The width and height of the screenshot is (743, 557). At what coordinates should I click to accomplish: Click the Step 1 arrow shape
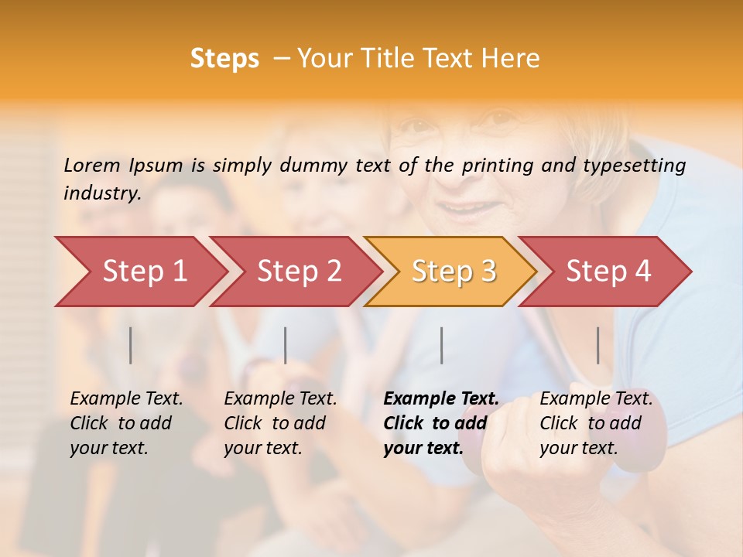pyautogui.click(x=143, y=272)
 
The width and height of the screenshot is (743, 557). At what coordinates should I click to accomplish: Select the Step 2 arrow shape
pyautogui.click(x=299, y=272)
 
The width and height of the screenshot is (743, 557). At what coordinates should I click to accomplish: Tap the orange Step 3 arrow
pyautogui.click(x=454, y=272)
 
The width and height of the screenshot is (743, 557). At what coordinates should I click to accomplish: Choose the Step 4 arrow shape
pyautogui.click(x=608, y=272)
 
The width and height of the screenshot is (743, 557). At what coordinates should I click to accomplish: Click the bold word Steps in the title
pyautogui.click(x=224, y=59)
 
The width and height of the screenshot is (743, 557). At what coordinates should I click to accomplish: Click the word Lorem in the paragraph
pyautogui.click(x=91, y=165)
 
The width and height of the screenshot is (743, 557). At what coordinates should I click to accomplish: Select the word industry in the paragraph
pyautogui.click(x=101, y=193)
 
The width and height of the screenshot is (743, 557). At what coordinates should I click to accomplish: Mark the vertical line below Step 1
pyautogui.click(x=131, y=345)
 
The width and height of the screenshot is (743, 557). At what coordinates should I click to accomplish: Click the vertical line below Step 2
pyautogui.click(x=286, y=345)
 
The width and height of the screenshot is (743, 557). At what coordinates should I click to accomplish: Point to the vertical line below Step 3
pyautogui.click(x=441, y=345)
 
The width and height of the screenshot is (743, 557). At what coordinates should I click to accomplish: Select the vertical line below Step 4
pyautogui.click(x=597, y=345)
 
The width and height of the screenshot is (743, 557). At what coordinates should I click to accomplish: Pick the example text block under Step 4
pyautogui.click(x=595, y=423)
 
